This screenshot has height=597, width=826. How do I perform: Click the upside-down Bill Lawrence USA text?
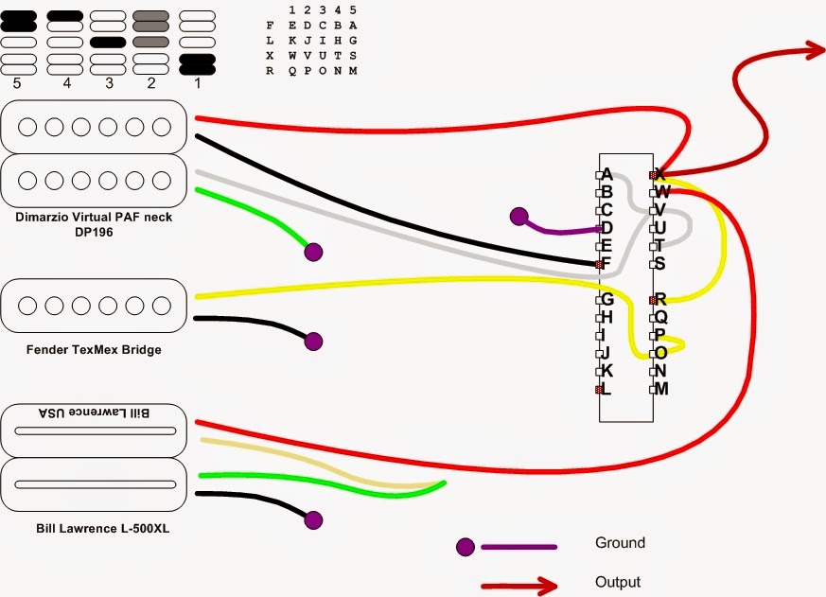click(97, 413)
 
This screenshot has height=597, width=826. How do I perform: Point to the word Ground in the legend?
click(620, 543)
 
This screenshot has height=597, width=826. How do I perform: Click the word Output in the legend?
click(618, 582)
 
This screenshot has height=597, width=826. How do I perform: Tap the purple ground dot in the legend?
click(466, 546)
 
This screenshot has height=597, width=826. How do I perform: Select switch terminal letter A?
click(607, 175)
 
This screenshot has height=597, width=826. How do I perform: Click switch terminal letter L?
click(606, 389)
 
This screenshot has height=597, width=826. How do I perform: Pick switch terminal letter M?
click(661, 389)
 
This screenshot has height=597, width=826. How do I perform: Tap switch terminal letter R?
click(660, 299)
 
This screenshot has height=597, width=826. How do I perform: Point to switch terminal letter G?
click(607, 299)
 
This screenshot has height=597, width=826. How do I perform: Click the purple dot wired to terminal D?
click(518, 217)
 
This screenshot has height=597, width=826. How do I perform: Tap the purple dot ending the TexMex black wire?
click(313, 341)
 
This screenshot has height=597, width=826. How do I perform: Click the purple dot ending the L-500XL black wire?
click(313, 518)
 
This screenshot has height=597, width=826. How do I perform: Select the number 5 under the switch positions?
click(17, 84)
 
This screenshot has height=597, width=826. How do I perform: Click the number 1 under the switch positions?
click(198, 84)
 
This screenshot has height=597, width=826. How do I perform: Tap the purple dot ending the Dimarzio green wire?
click(313, 252)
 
